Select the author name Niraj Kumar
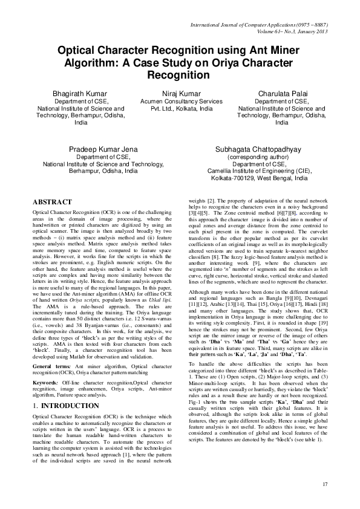[x=182, y=94]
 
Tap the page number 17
[x=325, y=484]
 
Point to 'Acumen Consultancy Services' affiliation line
[x=182, y=102]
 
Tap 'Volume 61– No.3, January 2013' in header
[x=293, y=32]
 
